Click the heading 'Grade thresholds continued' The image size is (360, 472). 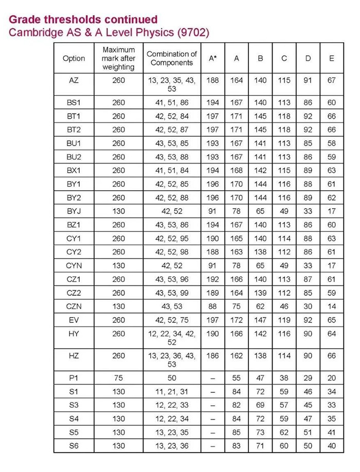click(x=83, y=20)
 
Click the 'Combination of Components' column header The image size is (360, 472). click(x=172, y=58)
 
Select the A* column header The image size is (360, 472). click(x=212, y=58)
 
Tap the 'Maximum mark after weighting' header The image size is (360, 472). click(x=118, y=58)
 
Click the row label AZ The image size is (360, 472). click(x=74, y=81)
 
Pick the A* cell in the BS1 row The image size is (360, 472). click(x=212, y=103)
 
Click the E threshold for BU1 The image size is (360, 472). click(x=332, y=143)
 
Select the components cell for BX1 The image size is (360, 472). click(x=172, y=170)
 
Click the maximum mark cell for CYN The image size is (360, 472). click(x=118, y=265)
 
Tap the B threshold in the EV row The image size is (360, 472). click(x=260, y=319)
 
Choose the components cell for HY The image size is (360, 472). click(x=172, y=338)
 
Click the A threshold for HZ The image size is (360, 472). click(x=237, y=355)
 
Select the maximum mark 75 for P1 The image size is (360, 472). click(x=118, y=378)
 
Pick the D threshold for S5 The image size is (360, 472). click(x=308, y=432)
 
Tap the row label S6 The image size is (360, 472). click(x=74, y=446)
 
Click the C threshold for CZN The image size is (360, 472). click(x=284, y=306)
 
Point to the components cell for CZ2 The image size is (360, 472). click(x=172, y=293)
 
